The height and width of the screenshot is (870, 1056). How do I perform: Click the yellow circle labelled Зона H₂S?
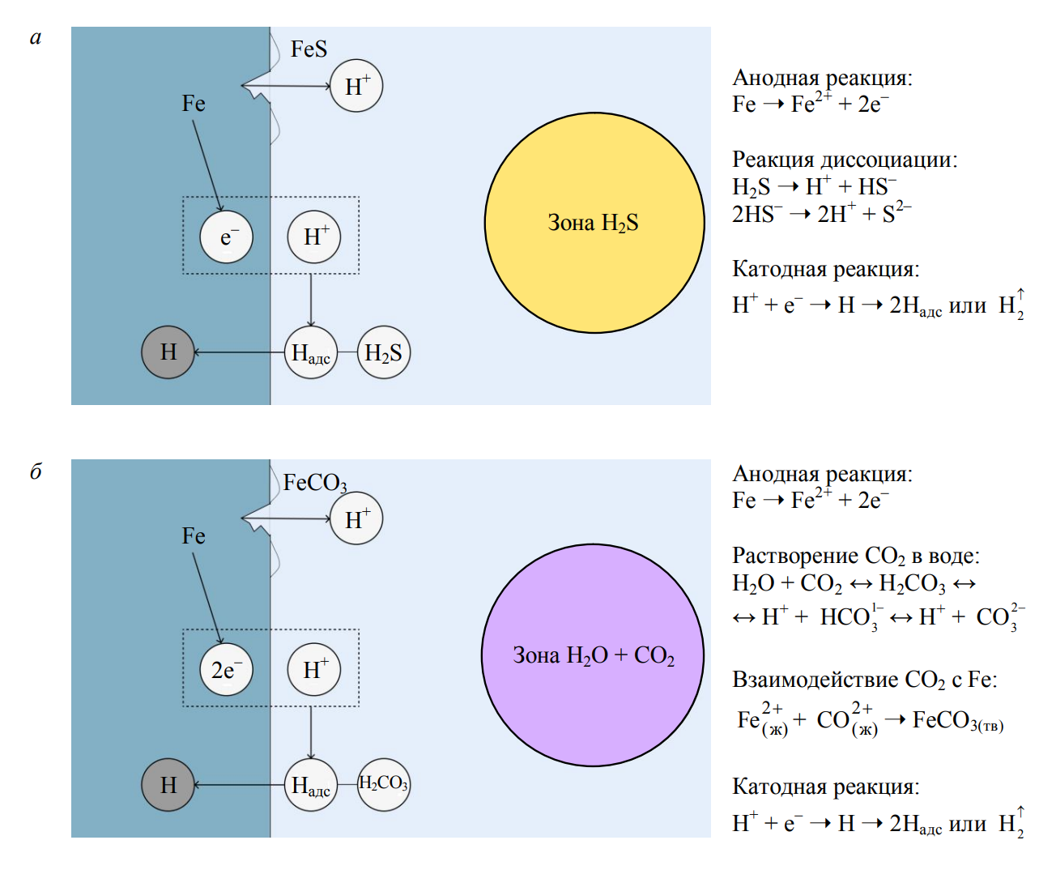(x=594, y=223)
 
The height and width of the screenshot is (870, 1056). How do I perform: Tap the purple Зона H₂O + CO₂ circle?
(x=593, y=655)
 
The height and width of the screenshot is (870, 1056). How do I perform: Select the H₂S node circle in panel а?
(x=384, y=352)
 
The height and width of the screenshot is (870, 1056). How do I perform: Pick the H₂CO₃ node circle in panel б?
(x=384, y=783)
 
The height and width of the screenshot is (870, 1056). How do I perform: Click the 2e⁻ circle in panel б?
(x=227, y=670)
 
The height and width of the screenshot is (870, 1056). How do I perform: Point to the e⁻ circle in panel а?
(x=227, y=237)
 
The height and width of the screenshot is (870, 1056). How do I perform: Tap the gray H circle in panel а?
(x=168, y=352)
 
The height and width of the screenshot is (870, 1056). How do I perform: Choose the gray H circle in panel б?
(x=168, y=784)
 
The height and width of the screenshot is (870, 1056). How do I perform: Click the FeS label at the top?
(x=309, y=49)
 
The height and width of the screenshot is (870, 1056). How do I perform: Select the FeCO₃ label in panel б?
(x=315, y=483)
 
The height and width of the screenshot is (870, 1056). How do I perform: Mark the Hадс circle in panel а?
(x=311, y=352)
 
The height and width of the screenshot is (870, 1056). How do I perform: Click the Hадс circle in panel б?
(x=311, y=784)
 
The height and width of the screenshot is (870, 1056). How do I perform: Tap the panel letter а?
(x=36, y=38)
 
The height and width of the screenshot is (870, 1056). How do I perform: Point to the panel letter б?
(x=36, y=471)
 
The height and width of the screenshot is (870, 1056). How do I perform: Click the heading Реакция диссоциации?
(x=845, y=160)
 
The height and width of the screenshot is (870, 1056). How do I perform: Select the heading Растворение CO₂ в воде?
(x=856, y=556)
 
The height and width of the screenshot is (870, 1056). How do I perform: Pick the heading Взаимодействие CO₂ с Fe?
(x=865, y=679)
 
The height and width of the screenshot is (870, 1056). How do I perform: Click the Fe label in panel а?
(x=194, y=104)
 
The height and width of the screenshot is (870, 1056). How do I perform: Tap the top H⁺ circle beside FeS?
(x=356, y=86)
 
